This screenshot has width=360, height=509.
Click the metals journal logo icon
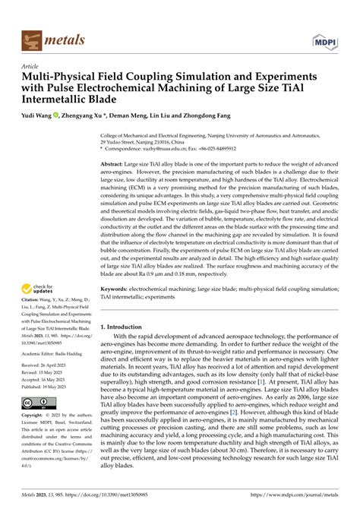33,39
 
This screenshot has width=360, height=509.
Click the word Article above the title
32,67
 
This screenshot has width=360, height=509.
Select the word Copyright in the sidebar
35,416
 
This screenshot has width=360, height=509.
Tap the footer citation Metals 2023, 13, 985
45,495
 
